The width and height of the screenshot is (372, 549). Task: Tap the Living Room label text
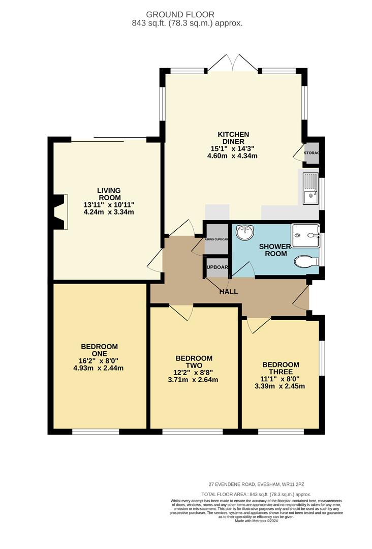tap(109, 194)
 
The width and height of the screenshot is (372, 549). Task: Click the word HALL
tap(229, 292)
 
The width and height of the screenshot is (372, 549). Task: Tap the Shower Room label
tap(275, 250)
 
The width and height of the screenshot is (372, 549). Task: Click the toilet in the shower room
tap(306, 261)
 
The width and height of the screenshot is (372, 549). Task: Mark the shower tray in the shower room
tap(305, 235)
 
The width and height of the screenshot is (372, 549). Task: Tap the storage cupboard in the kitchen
tap(311, 153)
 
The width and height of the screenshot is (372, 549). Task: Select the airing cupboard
tap(216, 239)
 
